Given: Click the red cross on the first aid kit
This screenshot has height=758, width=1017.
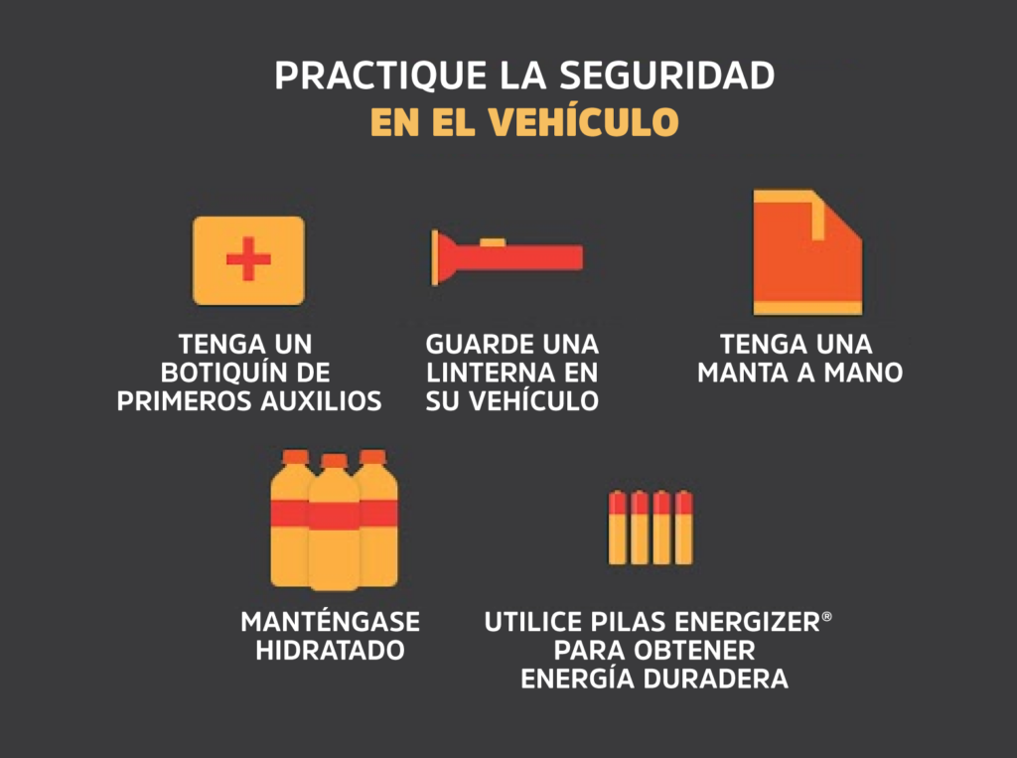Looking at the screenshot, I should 248,260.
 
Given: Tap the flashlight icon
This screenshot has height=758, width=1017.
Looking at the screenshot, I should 507,256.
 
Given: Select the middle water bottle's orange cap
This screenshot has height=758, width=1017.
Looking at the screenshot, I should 334,461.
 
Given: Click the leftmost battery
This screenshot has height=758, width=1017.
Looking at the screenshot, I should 618,528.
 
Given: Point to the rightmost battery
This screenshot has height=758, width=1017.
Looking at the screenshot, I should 684,528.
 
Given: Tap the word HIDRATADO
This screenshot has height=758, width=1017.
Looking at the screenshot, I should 330,651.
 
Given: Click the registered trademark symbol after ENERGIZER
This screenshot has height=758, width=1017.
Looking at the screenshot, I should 826,618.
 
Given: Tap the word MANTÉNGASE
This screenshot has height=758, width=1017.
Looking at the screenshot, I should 330,623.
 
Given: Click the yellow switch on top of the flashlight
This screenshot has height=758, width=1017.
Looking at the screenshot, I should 492,241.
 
